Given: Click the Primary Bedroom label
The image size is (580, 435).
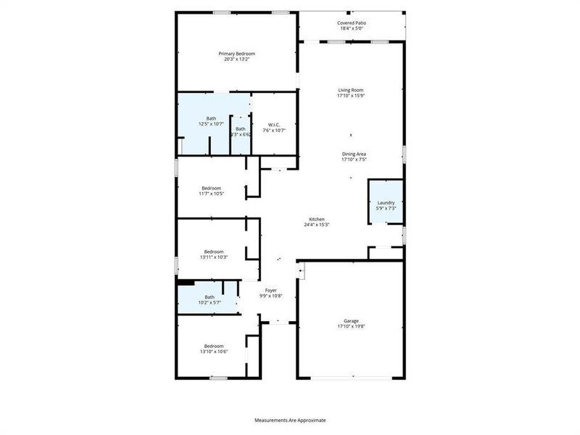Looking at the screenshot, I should click(237, 54).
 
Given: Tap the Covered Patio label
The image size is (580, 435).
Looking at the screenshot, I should click(351, 23).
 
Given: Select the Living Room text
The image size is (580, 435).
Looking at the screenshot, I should click(350, 90).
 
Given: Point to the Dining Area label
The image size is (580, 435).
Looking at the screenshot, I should click(355, 154).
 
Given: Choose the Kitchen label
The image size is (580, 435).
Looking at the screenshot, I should click(317, 219).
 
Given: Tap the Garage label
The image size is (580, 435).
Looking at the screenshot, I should click(351, 320).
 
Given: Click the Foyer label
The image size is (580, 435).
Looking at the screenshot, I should click(270, 290).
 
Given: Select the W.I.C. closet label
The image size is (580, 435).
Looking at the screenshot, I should click(274, 125).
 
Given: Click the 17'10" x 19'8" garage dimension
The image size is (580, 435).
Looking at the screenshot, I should click(351, 327).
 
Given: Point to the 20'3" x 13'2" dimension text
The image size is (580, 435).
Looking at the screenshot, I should click(237, 59).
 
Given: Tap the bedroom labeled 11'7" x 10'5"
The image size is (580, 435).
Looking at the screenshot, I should click(211, 190).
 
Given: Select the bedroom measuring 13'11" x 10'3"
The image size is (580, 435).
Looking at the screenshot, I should click(214, 254).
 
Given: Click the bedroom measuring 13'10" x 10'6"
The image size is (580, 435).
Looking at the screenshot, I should click(214, 349).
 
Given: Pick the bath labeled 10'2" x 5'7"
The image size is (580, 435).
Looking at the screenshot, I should click(210, 299).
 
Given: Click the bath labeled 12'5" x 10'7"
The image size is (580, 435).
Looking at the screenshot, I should click(211, 121).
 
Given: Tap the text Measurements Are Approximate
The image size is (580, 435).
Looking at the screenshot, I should click(290, 420).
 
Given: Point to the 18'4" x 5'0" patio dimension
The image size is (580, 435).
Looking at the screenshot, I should click(351, 29).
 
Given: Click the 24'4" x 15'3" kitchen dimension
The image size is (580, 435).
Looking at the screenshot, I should click(317, 225).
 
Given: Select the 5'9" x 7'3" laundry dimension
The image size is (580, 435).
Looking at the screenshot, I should click(386, 209).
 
